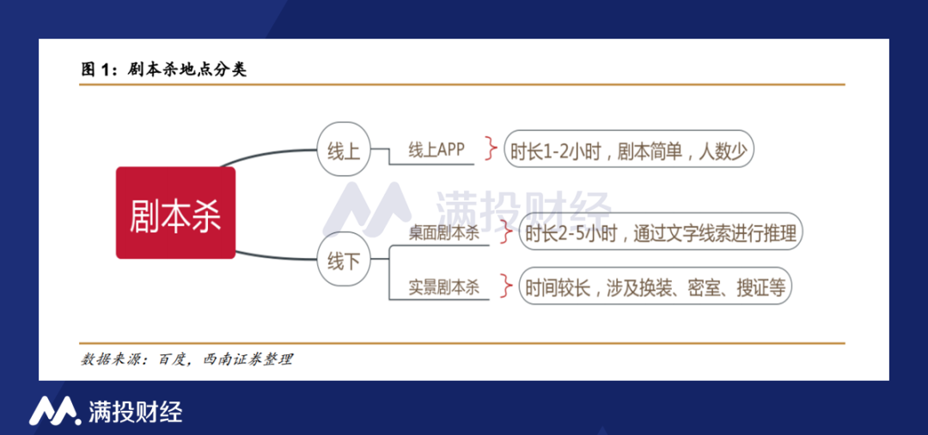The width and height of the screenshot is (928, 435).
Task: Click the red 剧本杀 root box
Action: click(x=175, y=213)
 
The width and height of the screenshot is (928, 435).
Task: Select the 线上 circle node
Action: click(x=343, y=152)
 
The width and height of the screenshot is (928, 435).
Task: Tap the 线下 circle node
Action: click(x=343, y=261)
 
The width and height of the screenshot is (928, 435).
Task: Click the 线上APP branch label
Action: click(x=436, y=150)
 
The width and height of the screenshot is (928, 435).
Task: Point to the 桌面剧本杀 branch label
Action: click(x=443, y=232)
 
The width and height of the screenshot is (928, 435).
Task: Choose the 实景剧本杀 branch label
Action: click(x=443, y=288)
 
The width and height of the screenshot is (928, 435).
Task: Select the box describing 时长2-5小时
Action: click(x=661, y=232)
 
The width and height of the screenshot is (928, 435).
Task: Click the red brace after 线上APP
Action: click(x=491, y=149)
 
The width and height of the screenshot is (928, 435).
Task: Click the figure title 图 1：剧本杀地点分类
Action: click(x=164, y=70)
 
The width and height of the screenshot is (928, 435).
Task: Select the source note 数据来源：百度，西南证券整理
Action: click(x=186, y=359)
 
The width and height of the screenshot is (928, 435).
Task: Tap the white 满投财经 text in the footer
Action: click(x=135, y=411)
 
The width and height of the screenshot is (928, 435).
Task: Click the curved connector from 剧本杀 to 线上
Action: click(x=266, y=153)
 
